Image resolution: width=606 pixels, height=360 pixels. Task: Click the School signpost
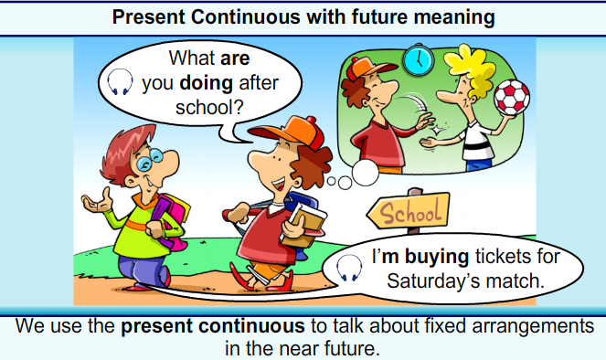pyautogui.click(x=409, y=214)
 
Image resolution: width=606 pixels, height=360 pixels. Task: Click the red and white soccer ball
pyautogui.click(x=513, y=98)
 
